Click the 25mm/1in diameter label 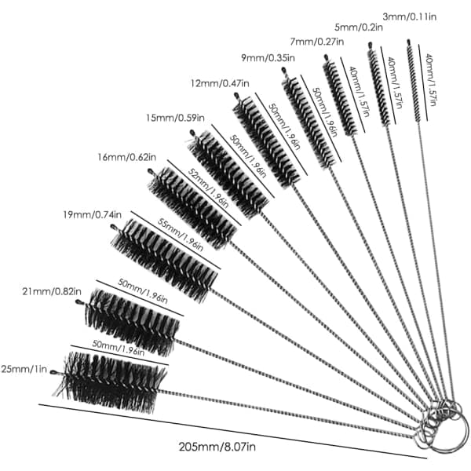coord(24,369)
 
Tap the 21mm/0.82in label coord(52,291)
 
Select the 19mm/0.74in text coord(92,215)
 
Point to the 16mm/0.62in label coord(126,157)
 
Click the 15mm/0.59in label coord(175,118)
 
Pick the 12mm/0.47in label coord(220,83)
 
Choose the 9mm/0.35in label coord(268,57)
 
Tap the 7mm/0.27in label coord(317,41)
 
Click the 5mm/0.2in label coord(359,27)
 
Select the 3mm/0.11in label coord(410,16)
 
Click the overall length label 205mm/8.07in coord(217,447)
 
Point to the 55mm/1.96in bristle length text coord(181,234)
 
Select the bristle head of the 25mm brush coord(111,382)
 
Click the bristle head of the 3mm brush coord(414,82)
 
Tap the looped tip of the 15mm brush coord(192,133)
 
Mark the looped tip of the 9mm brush coord(283,71)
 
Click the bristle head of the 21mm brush coord(132,321)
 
